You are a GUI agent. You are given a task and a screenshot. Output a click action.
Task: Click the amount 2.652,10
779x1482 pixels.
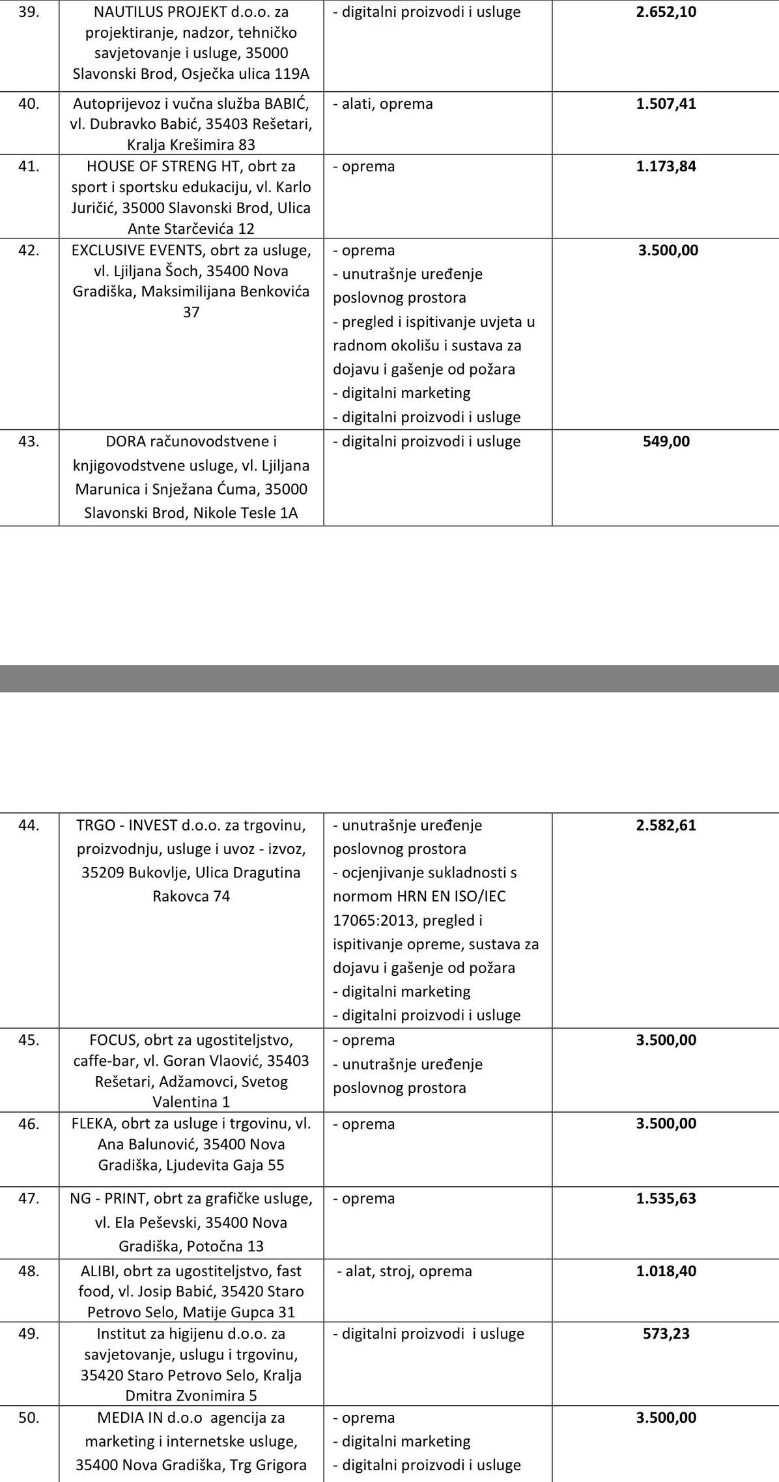pos(666,12)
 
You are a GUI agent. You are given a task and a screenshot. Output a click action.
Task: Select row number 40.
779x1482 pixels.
pos(29,104)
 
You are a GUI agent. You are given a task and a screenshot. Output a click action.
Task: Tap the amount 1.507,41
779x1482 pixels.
pos(666,104)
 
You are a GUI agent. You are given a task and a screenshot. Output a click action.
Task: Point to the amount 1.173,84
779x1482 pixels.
pos(666,166)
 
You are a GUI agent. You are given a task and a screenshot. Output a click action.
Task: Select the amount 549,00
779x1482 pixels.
pos(666,442)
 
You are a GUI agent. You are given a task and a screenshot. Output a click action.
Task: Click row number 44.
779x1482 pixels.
pos(29,825)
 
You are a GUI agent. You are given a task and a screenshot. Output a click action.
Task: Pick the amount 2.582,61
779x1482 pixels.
pos(666,825)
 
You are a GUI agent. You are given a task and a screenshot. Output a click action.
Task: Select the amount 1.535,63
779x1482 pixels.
pos(666,1199)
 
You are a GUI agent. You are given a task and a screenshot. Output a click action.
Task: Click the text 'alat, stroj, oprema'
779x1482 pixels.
pos(408,1271)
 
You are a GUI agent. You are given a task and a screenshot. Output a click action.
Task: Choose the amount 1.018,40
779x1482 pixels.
pos(666,1271)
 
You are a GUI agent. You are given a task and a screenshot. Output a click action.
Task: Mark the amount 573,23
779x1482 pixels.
pos(666,1333)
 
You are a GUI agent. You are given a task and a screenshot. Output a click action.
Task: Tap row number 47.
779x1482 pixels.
pos(29,1199)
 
